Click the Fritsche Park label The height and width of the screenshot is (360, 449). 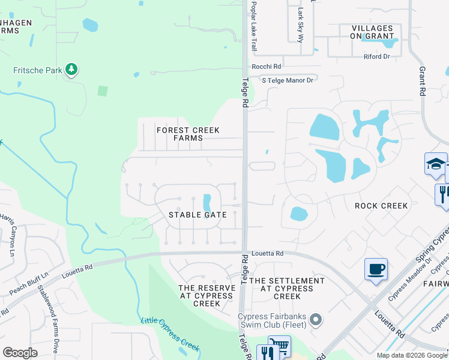tap(38, 70)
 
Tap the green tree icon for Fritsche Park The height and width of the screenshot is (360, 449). tap(72, 70)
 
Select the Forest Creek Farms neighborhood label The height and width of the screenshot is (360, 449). tap(188, 134)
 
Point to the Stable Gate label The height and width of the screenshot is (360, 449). tap(197, 215)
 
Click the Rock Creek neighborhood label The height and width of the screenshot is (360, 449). tap(381, 206)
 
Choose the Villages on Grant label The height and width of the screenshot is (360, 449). tap(372, 32)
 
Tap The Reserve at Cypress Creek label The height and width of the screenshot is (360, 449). tap(207, 296)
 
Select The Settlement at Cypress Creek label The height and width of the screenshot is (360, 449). tap(287, 289)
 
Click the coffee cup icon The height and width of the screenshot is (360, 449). tap(376, 269)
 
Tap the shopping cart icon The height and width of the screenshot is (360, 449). tap(279, 346)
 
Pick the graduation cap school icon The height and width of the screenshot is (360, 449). tap(435, 164)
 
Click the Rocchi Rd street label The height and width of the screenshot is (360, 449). tap(267, 67)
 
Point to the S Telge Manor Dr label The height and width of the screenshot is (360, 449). tap(287, 80)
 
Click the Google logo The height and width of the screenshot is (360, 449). tap(20, 352)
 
